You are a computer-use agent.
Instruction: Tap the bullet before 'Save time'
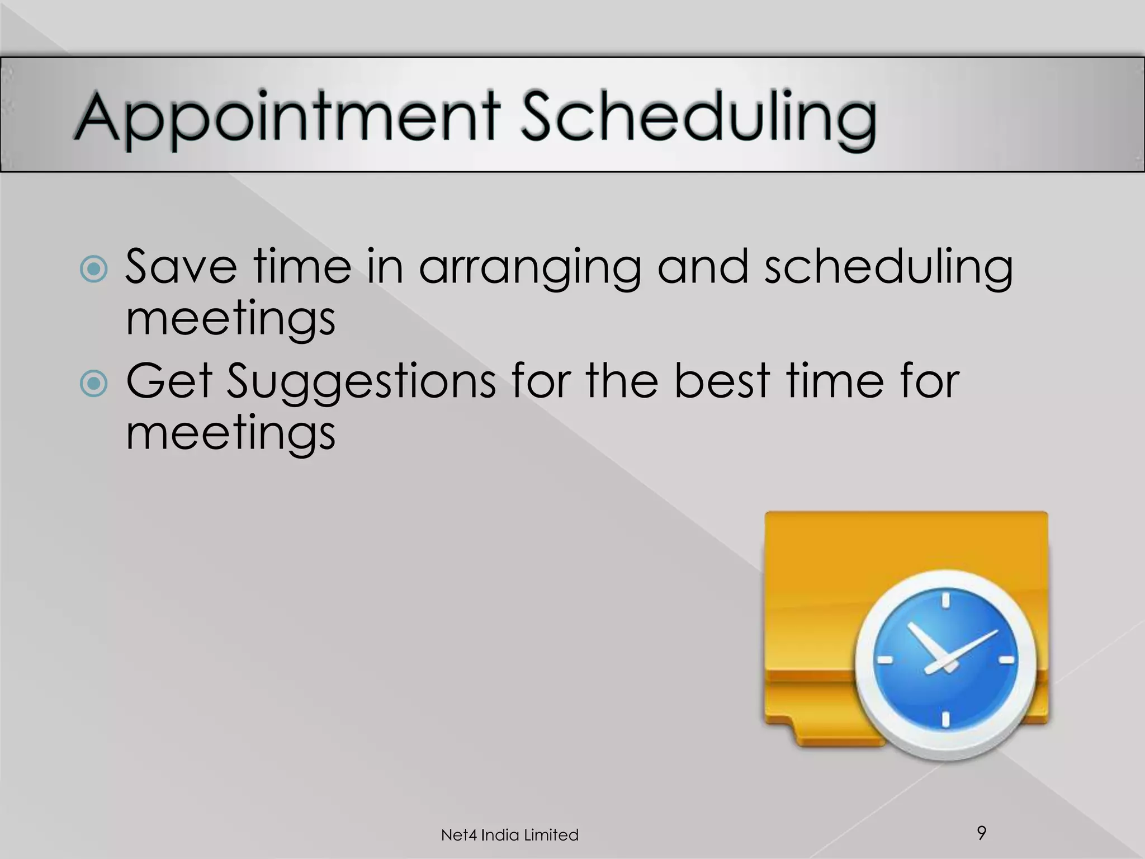pos(93,270)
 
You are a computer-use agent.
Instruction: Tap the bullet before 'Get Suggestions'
pos(93,384)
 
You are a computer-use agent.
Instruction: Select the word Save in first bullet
pos(180,267)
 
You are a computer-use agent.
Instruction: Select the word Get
pos(168,381)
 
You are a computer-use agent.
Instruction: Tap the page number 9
pos(981,832)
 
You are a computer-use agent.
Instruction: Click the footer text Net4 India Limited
pos(509,835)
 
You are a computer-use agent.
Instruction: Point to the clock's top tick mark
pos(945,601)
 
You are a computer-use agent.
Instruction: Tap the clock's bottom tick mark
pos(945,720)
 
